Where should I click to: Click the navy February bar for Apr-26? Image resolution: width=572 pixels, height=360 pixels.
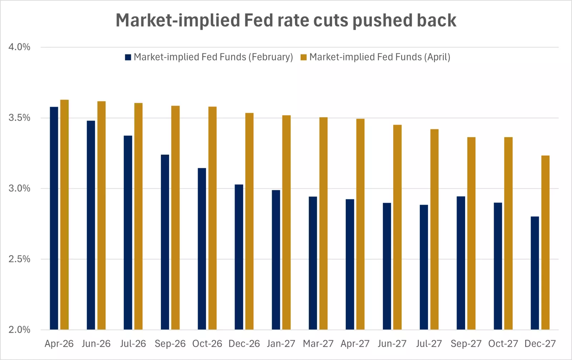pos(54,218)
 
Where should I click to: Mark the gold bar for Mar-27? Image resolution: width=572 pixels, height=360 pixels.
pos(323,223)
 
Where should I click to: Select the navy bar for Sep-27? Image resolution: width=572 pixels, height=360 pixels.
pos(461,263)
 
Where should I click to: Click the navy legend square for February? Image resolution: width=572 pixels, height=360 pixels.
pos(128,57)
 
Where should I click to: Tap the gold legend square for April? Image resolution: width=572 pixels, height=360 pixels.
pos(304,57)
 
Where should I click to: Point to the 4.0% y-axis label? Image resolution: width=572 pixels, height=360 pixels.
pos(19,47)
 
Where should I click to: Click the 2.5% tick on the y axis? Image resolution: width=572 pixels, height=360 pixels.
pos(19,259)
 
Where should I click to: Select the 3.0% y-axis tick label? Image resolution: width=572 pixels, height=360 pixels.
pos(19,188)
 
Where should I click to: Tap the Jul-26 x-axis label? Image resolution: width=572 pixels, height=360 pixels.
pos(133,344)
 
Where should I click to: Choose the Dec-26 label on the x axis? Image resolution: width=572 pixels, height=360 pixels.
pos(244,344)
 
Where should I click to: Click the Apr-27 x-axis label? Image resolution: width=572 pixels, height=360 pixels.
pos(355,344)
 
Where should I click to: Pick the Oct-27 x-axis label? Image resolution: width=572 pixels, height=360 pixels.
pos(503,344)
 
